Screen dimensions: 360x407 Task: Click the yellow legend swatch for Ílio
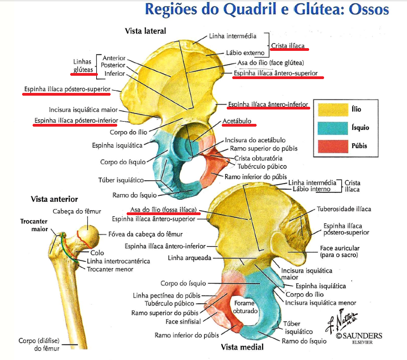330,109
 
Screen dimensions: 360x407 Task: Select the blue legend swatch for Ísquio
330,128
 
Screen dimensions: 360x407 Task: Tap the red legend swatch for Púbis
330,147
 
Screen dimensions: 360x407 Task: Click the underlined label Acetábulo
237,121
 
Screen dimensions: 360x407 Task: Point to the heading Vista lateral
145,30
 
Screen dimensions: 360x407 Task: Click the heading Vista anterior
54,199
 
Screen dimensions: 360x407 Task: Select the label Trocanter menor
112,269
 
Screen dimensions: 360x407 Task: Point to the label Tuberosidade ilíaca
343,209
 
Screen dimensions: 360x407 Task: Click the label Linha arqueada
189,258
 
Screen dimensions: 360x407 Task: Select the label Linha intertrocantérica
118,261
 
